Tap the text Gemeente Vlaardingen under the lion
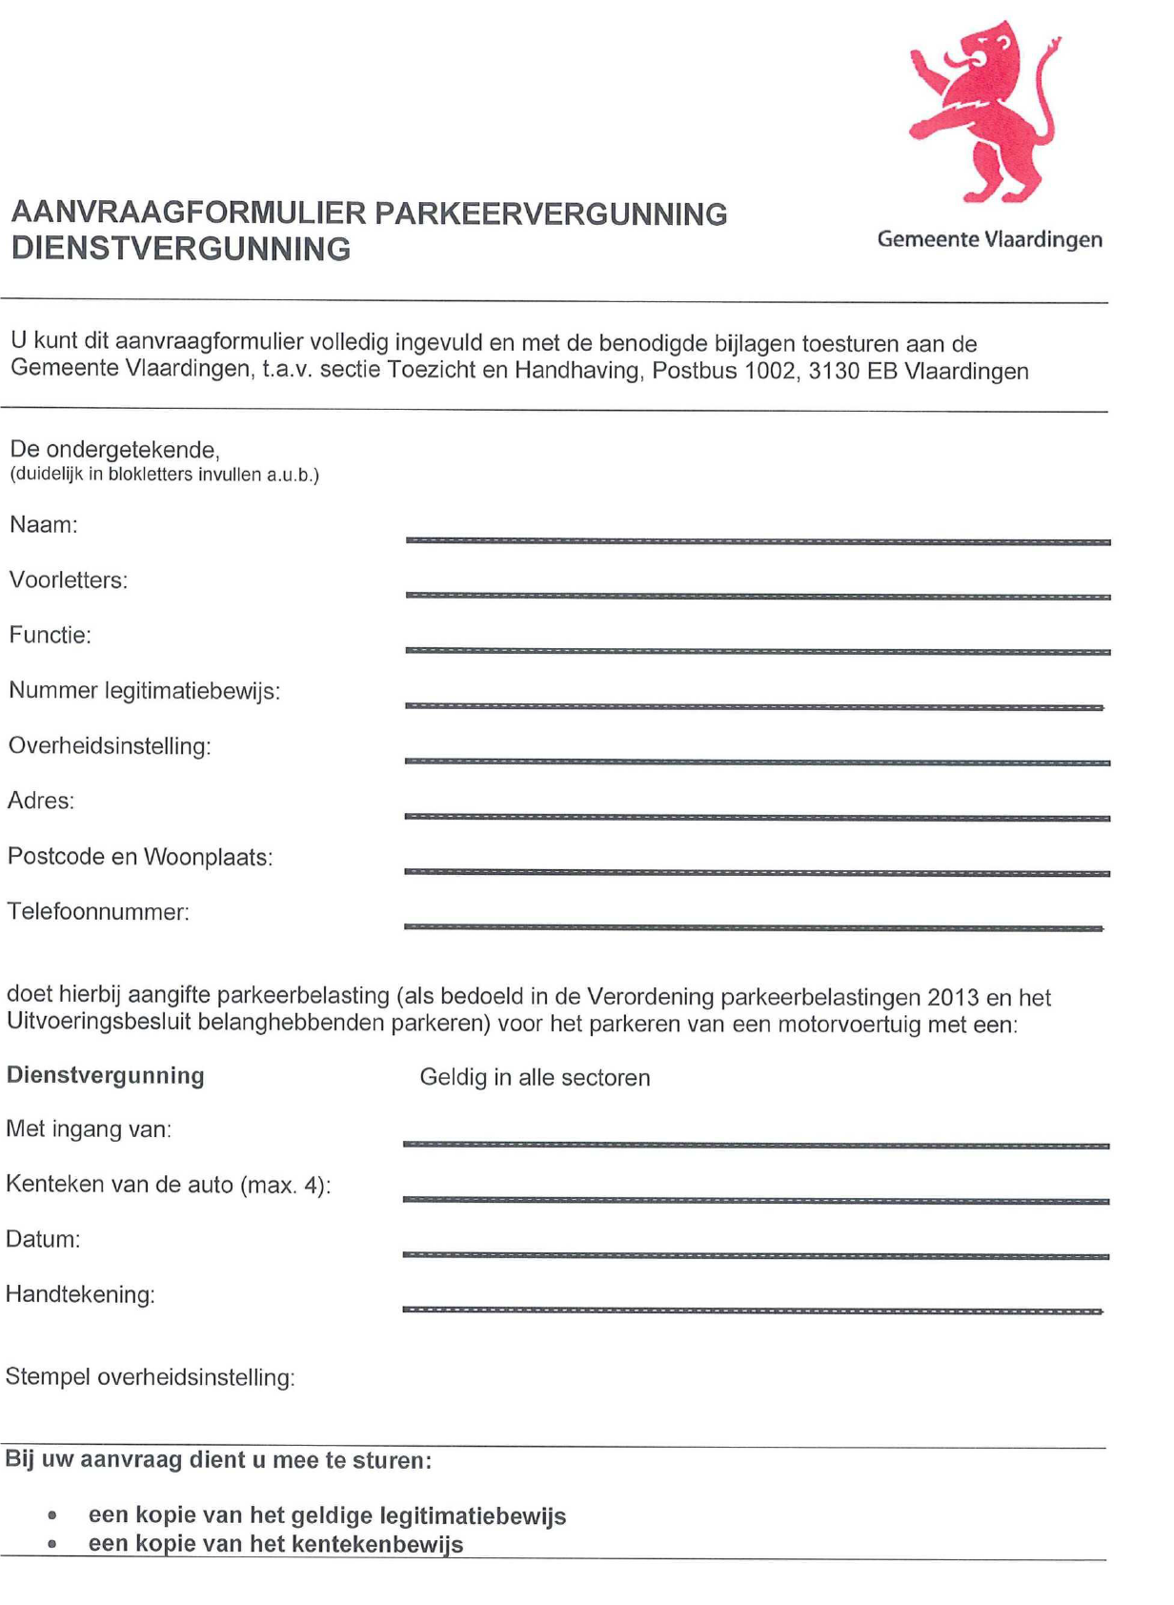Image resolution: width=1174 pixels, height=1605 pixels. pos(989,239)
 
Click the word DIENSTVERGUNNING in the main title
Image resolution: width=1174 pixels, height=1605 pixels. pos(180,249)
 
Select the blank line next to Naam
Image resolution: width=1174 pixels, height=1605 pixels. pos(758,540)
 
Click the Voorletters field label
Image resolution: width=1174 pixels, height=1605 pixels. pos(68,579)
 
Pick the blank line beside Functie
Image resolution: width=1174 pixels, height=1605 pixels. pos(758,651)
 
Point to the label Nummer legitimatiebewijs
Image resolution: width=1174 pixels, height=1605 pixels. pos(144,690)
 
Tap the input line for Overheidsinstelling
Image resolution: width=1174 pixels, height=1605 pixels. pos(758,762)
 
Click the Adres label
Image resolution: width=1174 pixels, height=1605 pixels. pos(41,801)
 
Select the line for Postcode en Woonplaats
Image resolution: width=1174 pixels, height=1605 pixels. pos(758,872)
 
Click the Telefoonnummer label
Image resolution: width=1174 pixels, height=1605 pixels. pos(98,912)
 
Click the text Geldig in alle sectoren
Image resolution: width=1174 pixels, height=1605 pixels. pos(535,1078)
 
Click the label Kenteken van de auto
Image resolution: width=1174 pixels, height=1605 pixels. pos(168,1185)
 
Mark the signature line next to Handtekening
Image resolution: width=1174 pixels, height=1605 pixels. pos(753,1310)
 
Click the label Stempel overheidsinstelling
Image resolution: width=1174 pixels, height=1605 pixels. pos(150,1377)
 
